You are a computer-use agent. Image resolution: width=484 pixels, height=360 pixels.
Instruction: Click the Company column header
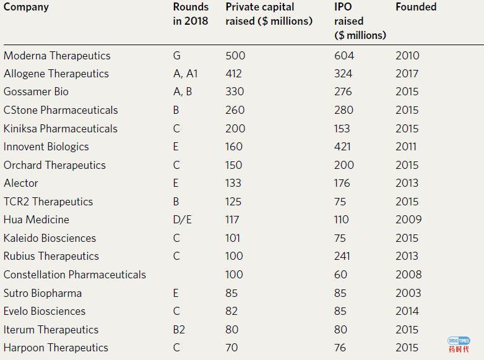[26, 7]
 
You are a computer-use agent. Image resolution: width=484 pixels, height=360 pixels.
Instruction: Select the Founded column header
[416, 7]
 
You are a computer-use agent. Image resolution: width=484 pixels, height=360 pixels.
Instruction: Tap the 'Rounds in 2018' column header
[191, 14]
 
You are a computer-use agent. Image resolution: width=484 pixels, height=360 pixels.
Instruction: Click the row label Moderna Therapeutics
[57, 56]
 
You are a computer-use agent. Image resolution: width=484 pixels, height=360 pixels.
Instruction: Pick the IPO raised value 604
[344, 56]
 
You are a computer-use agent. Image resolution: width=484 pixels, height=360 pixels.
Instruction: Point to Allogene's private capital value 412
[235, 74]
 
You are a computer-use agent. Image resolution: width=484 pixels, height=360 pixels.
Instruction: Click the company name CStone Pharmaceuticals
[61, 110]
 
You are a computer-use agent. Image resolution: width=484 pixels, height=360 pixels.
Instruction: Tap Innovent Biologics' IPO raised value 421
[344, 147]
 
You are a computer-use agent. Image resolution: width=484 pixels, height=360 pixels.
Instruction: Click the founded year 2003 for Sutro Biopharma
[408, 293]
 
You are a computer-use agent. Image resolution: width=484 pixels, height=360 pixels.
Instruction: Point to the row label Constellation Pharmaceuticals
[75, 275]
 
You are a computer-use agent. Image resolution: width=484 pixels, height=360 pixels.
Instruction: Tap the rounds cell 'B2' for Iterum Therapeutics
[179, 330]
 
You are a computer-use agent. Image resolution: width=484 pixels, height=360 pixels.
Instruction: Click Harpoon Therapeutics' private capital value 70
[231, 348]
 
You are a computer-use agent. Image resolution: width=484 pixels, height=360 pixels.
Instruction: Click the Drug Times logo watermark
[459, 345]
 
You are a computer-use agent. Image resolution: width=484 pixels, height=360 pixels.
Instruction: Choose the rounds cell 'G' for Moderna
[177, 56]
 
